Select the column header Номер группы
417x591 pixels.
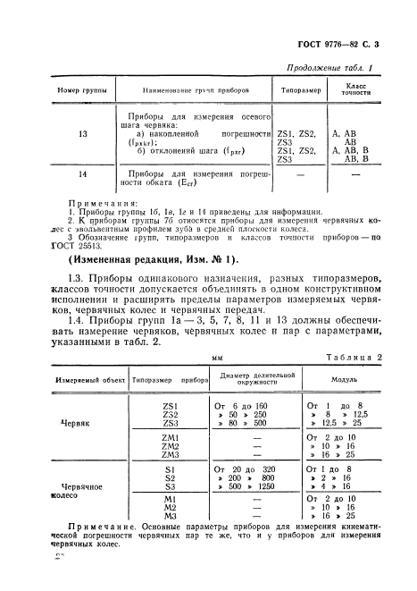point(59,91)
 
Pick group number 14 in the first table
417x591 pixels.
point(58,174)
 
